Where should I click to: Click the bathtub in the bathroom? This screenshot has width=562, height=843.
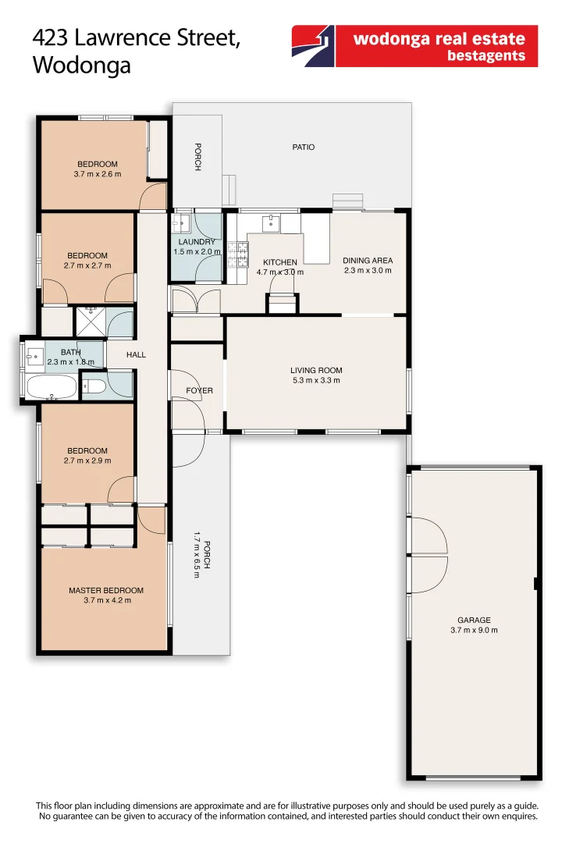51,386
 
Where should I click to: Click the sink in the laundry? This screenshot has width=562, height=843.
180,222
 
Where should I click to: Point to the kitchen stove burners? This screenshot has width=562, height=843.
238,254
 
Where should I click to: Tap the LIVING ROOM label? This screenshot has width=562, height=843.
316,370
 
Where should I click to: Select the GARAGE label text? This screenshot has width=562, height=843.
475,620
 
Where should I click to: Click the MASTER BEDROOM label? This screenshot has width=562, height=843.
106,590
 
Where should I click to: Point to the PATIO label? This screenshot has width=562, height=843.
304,147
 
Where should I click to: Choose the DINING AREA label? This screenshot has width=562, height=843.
368,260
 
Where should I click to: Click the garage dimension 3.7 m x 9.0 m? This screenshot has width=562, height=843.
475,630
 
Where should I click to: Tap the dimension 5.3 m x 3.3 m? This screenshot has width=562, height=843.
316,380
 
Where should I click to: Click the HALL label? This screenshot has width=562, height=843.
136,354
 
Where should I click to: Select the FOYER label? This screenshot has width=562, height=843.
200,390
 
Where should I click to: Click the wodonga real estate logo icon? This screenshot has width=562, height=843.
313,46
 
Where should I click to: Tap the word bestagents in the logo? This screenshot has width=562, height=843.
486,56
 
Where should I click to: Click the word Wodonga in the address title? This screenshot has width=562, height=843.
82,65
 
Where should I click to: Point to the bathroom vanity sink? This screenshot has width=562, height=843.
35,356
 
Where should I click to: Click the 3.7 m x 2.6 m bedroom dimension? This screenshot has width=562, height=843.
98,174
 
